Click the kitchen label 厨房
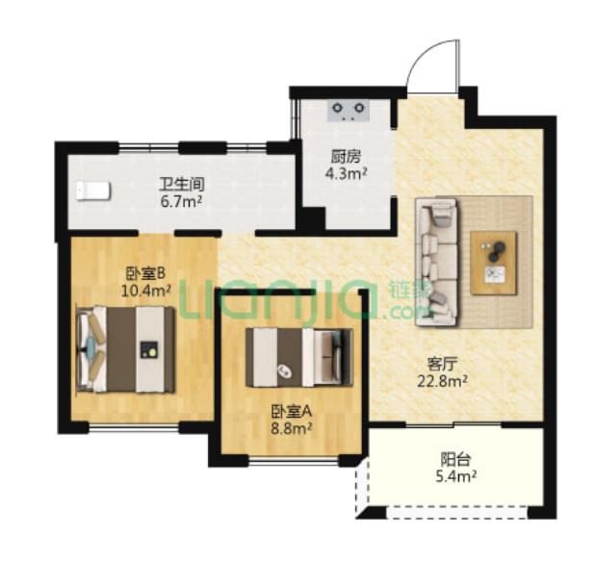click(346, 156)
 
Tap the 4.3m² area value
click(346, 173)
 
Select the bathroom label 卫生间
click(182, 185)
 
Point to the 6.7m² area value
click(181, 201)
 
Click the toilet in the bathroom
click(93, 191)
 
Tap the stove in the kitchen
click(349, 111)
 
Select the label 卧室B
click(145, 273)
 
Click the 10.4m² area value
click(145, 291)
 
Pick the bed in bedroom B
click(126, 349)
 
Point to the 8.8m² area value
click(291, 428)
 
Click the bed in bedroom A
click(299, 358)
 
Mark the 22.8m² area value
click(442, 381)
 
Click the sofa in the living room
click(437, 262)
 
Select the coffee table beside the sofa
click(494, 263)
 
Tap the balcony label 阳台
click(455, 460)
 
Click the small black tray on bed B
click(149, 349)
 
